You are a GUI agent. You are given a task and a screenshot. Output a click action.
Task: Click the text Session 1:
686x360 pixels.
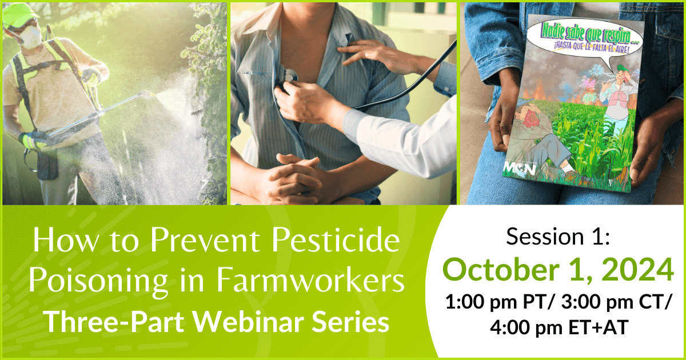pos(558,237)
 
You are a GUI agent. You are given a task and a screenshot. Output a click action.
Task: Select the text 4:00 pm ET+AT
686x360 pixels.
pos(559,327)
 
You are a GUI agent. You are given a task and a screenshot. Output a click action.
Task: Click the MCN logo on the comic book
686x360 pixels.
pos(520,169)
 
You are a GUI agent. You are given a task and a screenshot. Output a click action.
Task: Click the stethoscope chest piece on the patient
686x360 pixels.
pos(289,75)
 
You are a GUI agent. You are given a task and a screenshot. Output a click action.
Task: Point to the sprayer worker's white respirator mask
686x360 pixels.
pos(31,36)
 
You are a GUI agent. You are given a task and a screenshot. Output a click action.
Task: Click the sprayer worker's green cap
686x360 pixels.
pos(20,14)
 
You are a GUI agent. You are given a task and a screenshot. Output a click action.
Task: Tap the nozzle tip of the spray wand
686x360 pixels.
pos(149,94)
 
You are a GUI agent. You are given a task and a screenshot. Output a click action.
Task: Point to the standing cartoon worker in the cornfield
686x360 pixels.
pos(616,101)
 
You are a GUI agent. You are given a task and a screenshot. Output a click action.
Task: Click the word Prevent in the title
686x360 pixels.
pos(208,239)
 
